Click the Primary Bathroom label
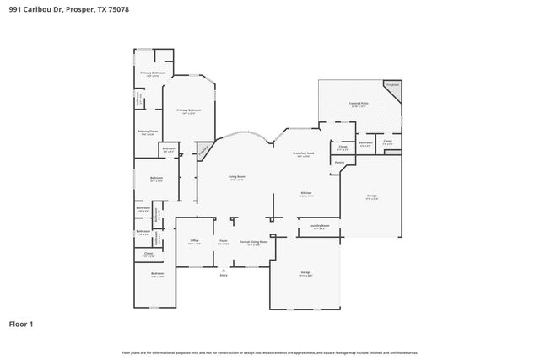point(153,73)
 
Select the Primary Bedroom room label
point(188,111)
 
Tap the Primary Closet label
point(148,132)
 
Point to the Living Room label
point(235,177)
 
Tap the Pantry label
point(339,162)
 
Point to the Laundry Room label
point(319,226)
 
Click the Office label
point(194,240)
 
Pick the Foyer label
point(223,241)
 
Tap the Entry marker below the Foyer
point(224,275)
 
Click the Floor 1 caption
point(20,324)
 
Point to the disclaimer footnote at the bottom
point(270,352)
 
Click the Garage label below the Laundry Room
point(305,273)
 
